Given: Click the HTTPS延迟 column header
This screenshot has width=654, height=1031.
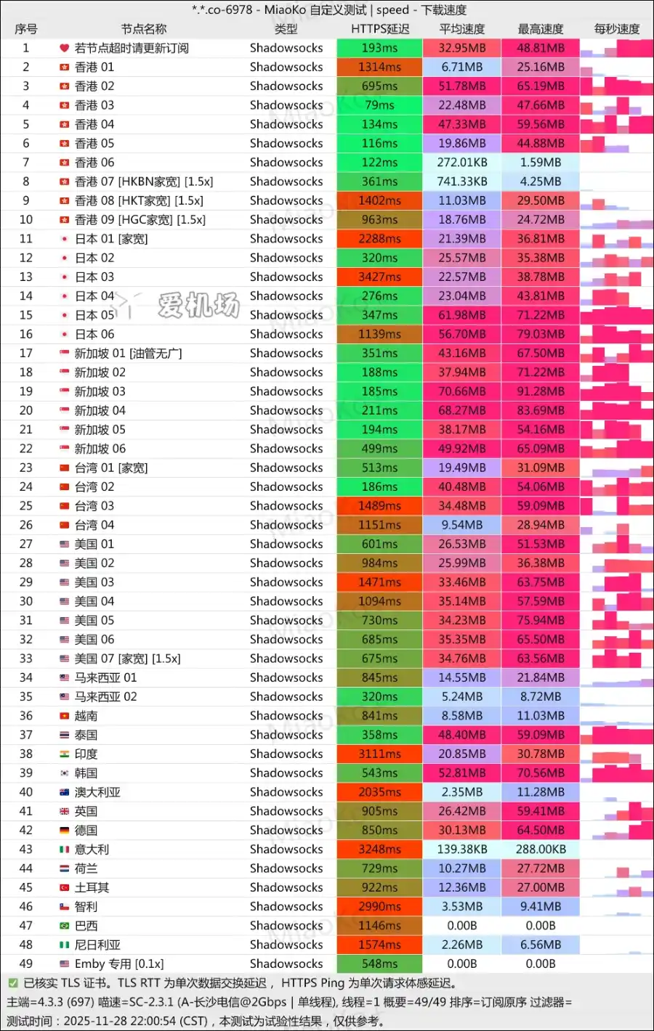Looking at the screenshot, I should [x=379, y=29].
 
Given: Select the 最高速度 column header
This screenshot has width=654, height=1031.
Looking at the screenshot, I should [x=540, y=29].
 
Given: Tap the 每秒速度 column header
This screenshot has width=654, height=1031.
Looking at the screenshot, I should [x=616, y=29].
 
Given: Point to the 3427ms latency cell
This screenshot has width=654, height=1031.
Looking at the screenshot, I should [x=379, y=277].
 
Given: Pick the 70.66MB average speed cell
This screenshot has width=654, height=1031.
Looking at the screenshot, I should [x=461, y=391].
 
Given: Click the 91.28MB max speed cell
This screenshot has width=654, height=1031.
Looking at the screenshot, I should [x=540, y=391].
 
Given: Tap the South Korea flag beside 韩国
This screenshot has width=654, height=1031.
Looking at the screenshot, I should [x=65, y=773].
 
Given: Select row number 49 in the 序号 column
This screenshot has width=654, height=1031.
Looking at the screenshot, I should [x=26, y=963].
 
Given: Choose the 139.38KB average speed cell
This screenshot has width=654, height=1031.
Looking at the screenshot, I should [x=461, y=849].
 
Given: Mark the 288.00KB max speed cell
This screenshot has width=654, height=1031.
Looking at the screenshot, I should [x=540, y=849].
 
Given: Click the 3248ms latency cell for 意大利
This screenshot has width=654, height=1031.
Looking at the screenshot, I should [x=379, y=849].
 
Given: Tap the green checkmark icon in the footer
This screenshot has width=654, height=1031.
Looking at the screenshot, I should [x=12, y=983].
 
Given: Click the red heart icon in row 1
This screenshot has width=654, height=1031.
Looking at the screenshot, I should [x=65, y=48].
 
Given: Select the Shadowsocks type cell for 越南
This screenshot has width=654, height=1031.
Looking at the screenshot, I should [x=286, y=716].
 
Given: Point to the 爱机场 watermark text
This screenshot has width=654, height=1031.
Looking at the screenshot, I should [x=198, y=306].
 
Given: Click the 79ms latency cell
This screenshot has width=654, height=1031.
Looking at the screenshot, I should [x=379, y=105].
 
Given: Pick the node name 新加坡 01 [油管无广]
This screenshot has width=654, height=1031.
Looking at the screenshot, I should [x=128, y=354].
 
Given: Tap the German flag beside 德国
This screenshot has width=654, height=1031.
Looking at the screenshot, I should [x=65, y=831].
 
